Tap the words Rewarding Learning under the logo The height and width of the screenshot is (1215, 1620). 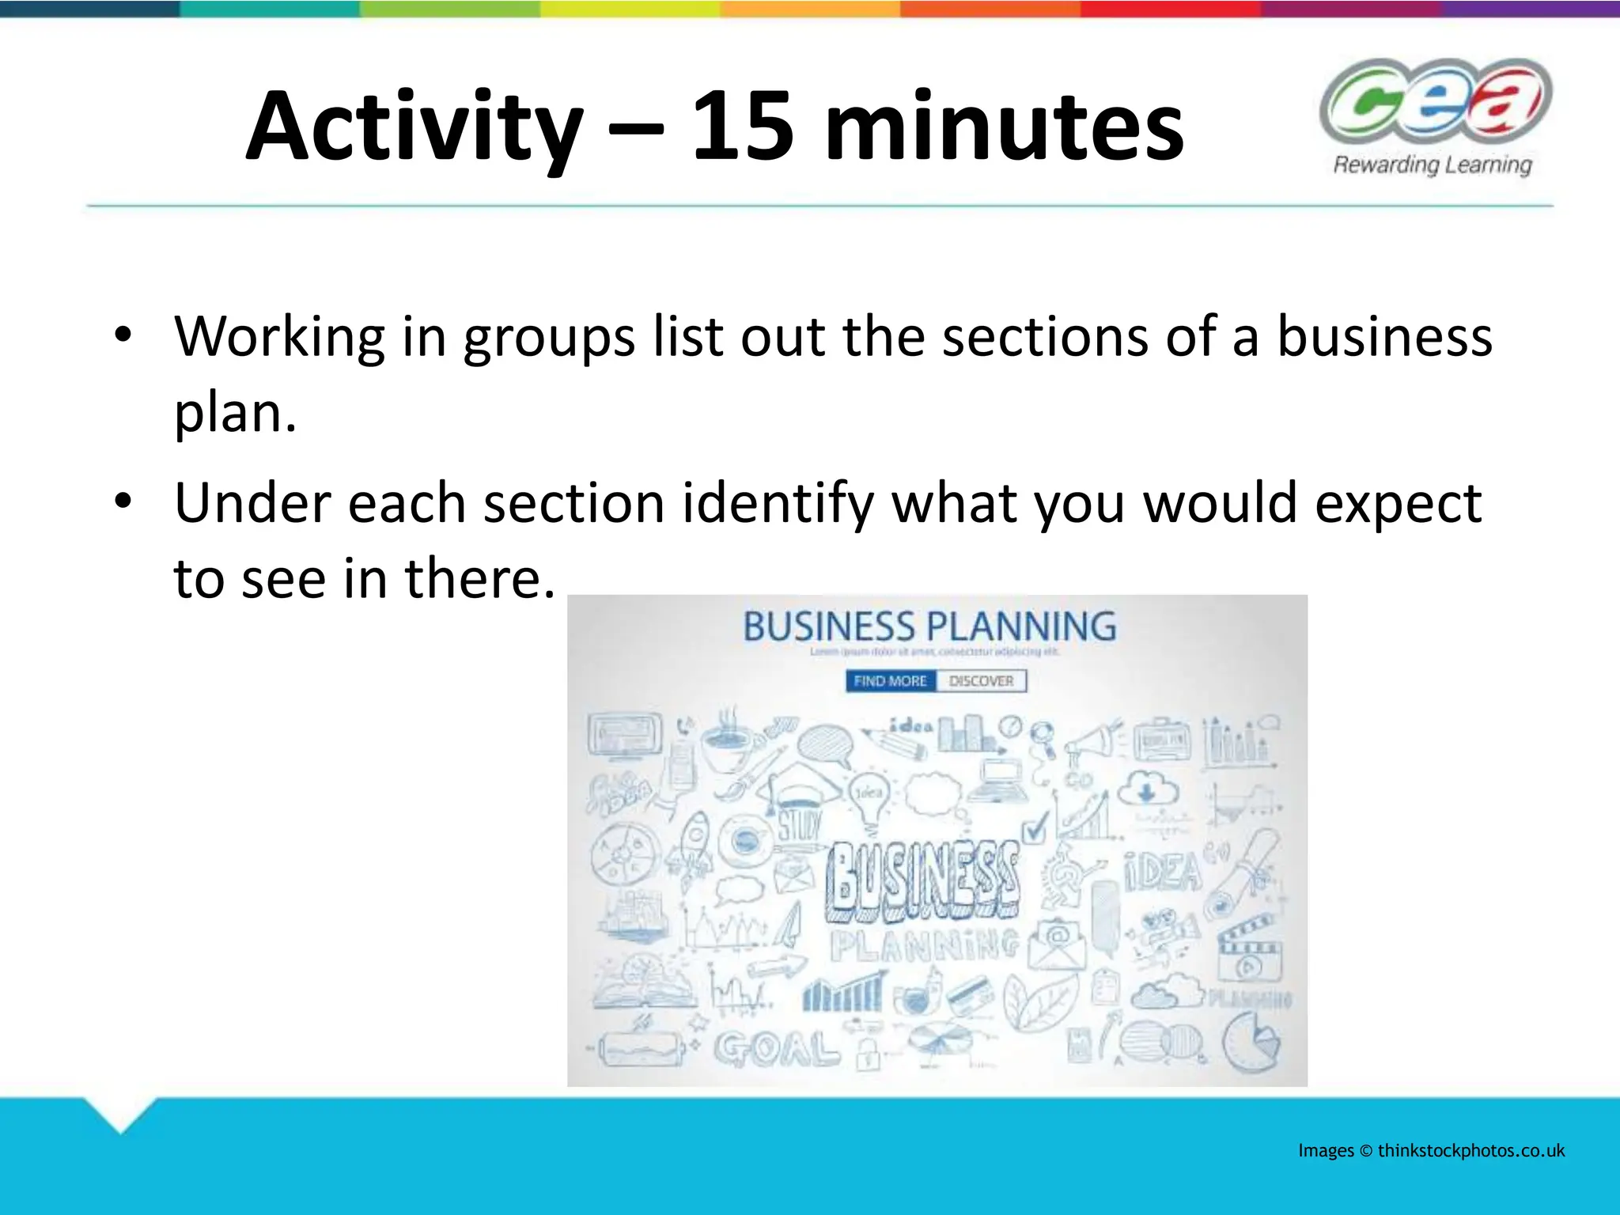[x=1433, y=165]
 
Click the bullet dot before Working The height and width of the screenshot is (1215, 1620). [x=122, y=335]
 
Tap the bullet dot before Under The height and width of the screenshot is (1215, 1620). [x=122, y=502]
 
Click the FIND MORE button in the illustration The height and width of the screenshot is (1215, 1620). [x=890, y=681]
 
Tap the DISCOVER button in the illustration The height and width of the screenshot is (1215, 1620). [x=981, y=681]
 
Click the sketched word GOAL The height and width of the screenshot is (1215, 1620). [x=775, y=1049]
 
